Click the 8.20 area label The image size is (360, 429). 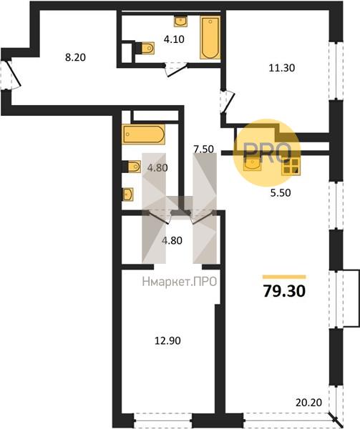[x=75, y=57]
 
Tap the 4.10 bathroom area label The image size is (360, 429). [x=174, y=39]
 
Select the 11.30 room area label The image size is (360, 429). [x=282, y=68]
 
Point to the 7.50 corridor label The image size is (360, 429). [x=203, y=149]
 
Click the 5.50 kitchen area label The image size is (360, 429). [x=281, y=193]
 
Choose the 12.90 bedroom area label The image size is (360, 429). [x=167, y=340]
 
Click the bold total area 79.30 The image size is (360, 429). [x=284, y=291]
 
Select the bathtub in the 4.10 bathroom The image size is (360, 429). [x=210, y=37]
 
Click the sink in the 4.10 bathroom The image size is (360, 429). [x=180, y=21]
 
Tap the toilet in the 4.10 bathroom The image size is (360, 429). [x=145, y=48]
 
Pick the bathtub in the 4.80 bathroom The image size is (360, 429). [x=144, y=134]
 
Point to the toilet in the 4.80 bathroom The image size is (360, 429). [x=132, y=167]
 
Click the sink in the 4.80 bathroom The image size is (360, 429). [x=128, y=194]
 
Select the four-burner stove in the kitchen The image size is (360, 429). [x=291, y=166]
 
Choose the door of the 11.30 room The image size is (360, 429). [x=228, y=102]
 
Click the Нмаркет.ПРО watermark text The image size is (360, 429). [x=180, y=282]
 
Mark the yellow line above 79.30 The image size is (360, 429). [x=284, y=277]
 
